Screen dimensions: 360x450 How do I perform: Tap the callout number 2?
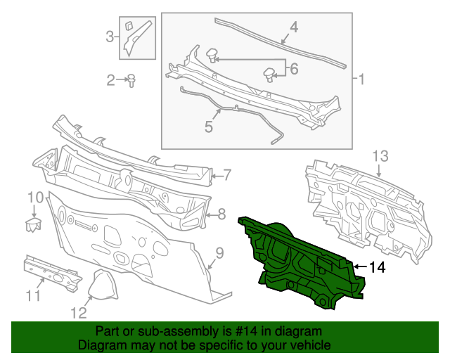[111, 81]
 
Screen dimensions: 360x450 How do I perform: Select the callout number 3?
[110, 36]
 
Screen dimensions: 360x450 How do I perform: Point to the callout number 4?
[294, 27]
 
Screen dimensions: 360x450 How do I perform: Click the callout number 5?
[208, 127]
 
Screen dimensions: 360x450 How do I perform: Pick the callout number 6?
[294, 68]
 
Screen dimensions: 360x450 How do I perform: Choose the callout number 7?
[227, 174]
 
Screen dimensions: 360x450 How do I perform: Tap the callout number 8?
[221, 214]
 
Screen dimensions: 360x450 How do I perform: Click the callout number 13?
[380, 155]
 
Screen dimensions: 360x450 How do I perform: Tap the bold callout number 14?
[377, 267]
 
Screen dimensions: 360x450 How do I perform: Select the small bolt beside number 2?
[131, 81]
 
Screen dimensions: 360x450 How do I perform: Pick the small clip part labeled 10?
[32, 224]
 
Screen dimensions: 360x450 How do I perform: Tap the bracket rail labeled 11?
[53, 274]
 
